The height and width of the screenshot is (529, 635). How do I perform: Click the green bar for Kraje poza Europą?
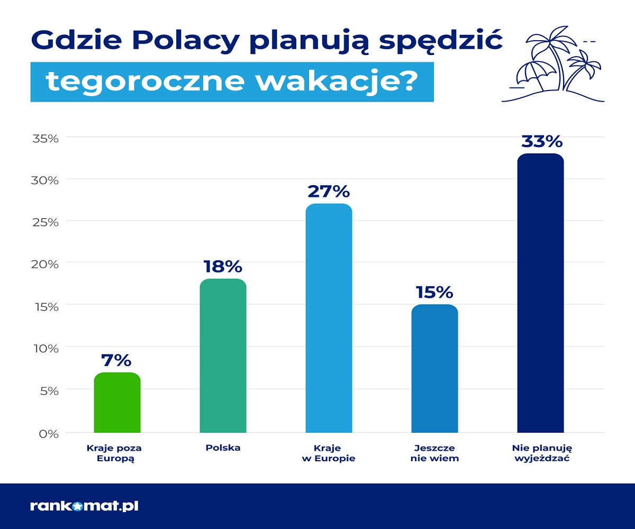coord(117,403)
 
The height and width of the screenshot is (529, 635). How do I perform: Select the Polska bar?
coord(223,355)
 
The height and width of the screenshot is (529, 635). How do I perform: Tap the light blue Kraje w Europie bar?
coord(329,318)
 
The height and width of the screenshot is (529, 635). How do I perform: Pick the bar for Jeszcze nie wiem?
coord(434,368)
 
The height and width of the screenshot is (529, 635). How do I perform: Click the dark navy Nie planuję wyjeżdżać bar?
coord(540,293)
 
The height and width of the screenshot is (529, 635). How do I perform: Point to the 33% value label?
coord(541,141)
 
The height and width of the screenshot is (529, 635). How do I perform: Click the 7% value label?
coord(116,360)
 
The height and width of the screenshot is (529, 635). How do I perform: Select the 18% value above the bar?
coord(222,266)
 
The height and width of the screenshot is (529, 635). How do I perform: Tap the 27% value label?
coord(329,191)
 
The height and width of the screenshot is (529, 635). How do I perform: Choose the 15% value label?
coord(434,292)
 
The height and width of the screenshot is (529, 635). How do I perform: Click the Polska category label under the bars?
coord(223,448)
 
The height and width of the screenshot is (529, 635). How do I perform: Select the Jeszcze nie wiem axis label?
coord(434,453)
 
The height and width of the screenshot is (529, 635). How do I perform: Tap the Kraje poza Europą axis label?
coord(115,453)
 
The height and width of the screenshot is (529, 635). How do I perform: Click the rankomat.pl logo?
coord(84,506)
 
